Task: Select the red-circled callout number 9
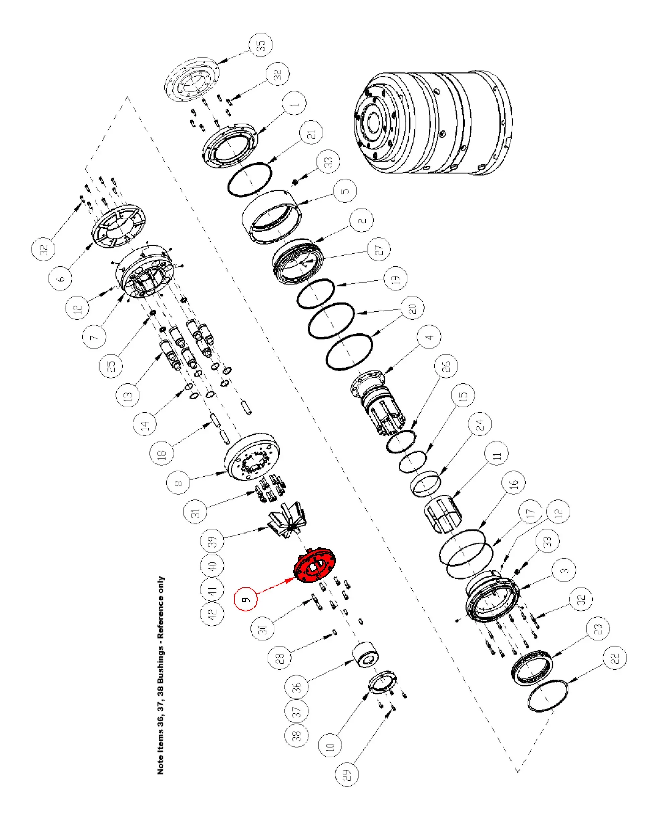coord(246,599)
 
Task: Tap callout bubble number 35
coord(261,45)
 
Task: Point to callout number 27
coord(379,249)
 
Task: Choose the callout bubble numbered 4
coord(429,337)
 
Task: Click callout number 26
coord(446,366)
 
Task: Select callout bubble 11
coord(497,454)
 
